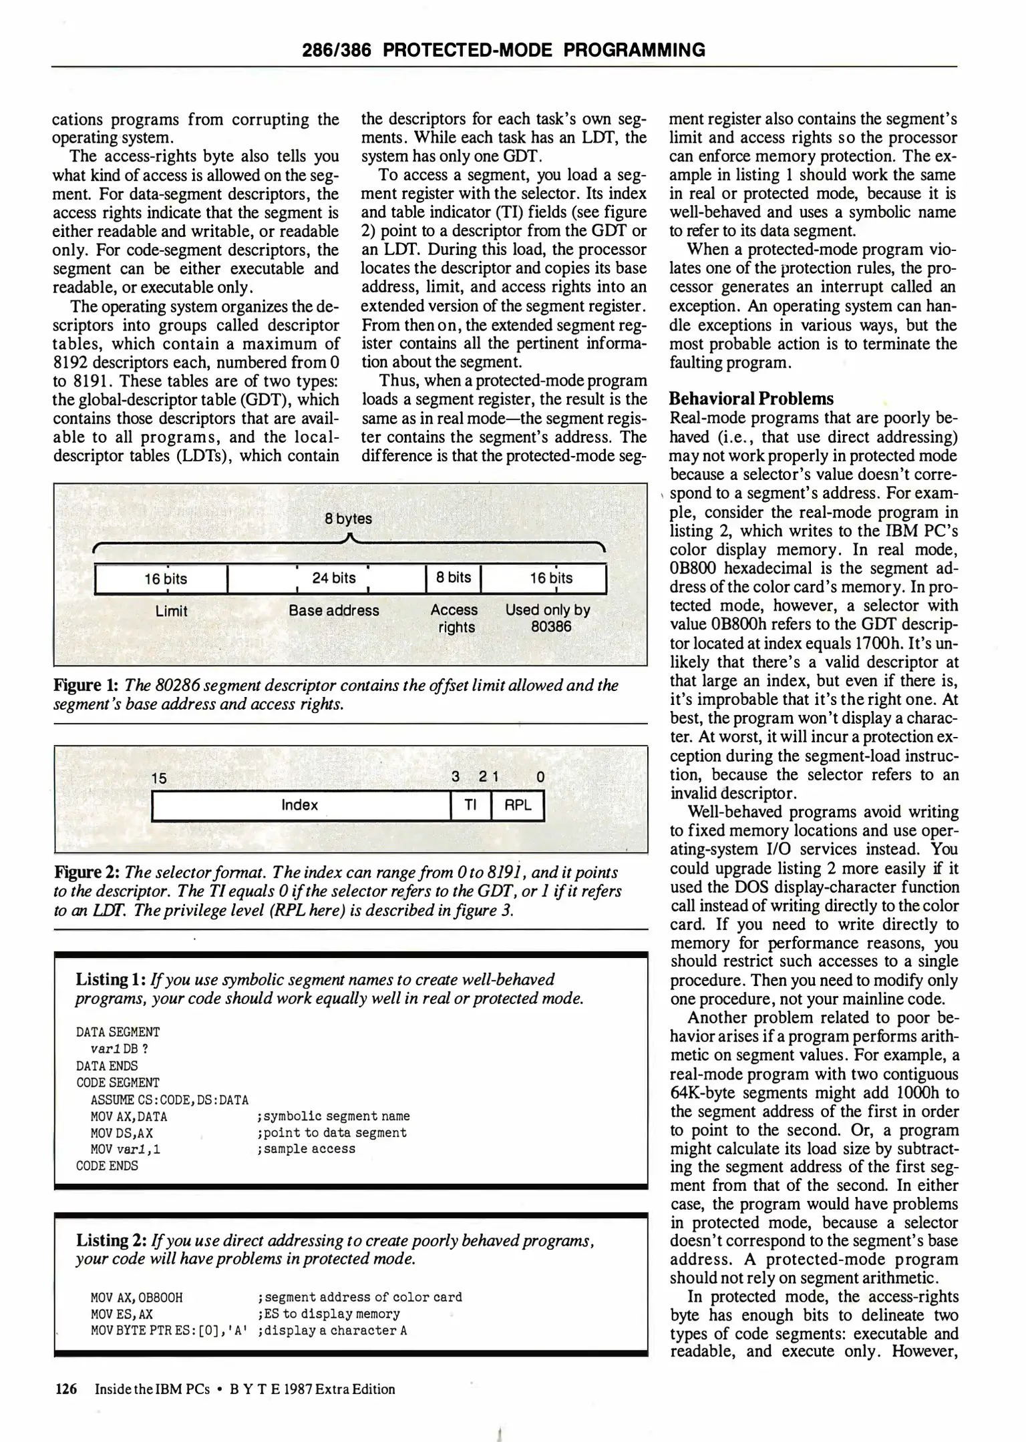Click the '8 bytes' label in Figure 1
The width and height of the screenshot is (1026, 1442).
pos(348,519)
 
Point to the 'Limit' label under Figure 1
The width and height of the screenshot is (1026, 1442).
pos(171,611)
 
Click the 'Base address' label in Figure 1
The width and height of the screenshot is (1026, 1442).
pos(333,611)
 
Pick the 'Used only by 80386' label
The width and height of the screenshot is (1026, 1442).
pos(548,618)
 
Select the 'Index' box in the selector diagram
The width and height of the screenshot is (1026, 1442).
pos(300,805)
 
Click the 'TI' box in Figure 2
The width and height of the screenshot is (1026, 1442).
pos(471,805)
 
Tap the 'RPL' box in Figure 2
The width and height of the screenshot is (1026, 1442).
pos(518,805)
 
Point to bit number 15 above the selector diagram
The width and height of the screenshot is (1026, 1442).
pos(159,778)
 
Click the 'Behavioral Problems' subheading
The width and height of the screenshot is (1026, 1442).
pos(751,399)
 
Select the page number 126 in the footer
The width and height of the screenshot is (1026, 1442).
pos(66,1389)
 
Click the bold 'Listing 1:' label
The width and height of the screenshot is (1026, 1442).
pos(111,979)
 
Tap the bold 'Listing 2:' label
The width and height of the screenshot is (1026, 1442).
pos(111,1240)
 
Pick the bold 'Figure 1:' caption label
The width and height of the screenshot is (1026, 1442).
pos(85,686)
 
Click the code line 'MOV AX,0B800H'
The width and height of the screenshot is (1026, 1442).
pos(136,1297)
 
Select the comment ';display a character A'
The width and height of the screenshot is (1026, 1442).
pos(332,1330)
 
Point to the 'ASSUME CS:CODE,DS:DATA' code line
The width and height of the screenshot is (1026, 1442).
pos(170,1100)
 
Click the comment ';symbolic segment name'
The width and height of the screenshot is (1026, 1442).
pos(333,1116)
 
